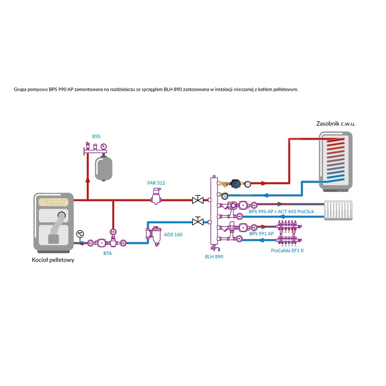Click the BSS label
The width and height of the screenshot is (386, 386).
click(96, 136)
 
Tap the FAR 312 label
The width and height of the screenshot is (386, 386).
click(156, 183)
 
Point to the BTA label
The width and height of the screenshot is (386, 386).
click(108, 254)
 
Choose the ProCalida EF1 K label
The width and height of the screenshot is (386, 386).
click(287, 251)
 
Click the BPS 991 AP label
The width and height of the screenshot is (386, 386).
click(261, 234)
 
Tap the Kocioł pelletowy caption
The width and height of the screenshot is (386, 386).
click(53, 260)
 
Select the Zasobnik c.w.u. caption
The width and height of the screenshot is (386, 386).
click(335, 124)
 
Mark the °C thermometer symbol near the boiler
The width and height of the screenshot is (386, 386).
click(80, 234)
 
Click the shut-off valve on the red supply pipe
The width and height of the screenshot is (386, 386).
click(198, 200)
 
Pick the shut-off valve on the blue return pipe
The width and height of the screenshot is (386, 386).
click(198, 222)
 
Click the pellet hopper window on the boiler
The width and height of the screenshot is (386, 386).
click(53, 202)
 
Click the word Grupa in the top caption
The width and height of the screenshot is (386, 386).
click(20, 89)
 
